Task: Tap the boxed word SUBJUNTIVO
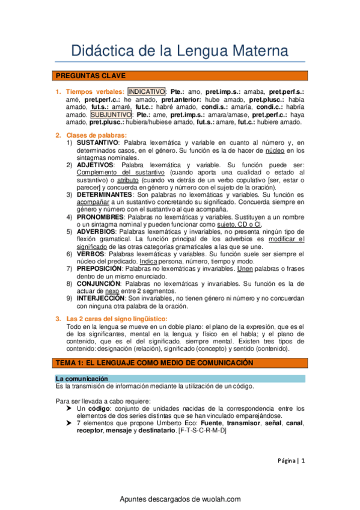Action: tap(112, 114)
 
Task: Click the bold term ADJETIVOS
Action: tap(95, 164)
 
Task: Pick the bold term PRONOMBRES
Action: tap(100, 217)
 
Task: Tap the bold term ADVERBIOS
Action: tap(97, 231)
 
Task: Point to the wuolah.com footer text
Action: tap(180, 499)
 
